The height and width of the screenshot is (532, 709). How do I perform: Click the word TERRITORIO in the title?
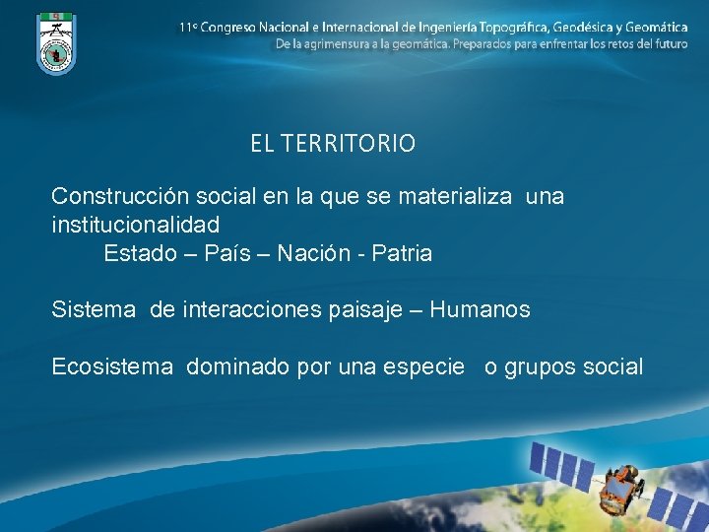348,144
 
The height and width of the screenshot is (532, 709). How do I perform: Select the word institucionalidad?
135,225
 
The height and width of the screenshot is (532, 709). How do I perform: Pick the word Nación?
309,253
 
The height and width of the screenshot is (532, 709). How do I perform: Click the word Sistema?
94,310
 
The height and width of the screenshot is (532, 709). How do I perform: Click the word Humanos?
481,310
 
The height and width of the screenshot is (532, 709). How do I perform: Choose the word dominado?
232,367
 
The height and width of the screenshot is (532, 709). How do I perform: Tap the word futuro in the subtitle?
669,44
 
